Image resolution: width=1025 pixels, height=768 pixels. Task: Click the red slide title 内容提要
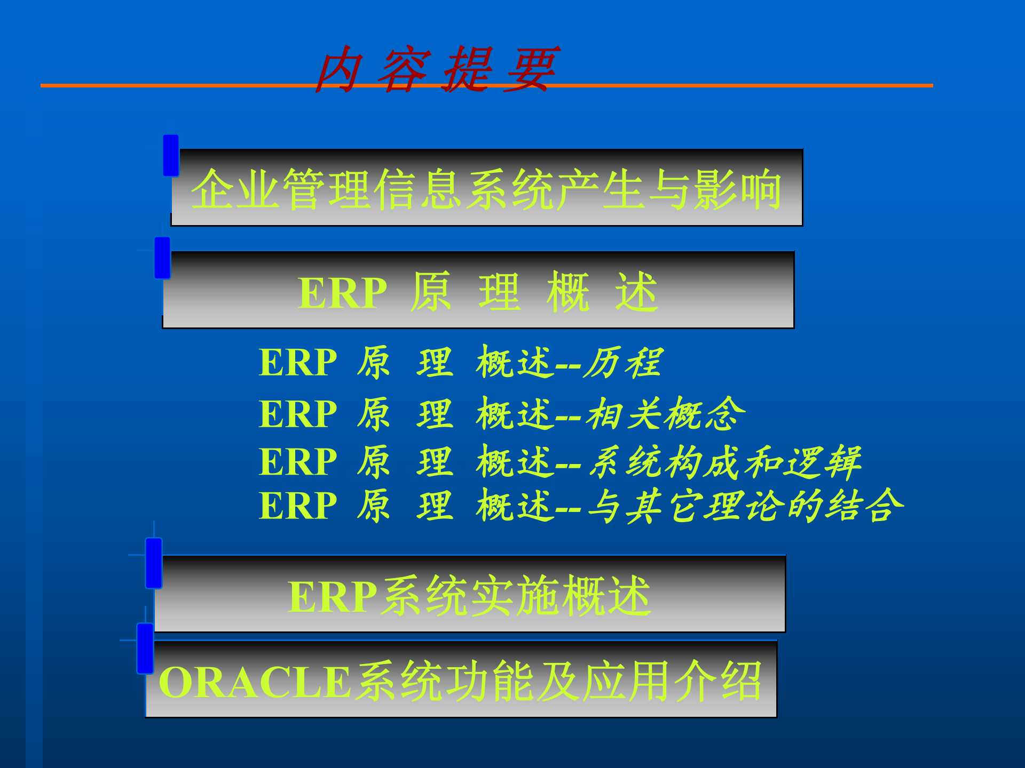(x=437, y=69)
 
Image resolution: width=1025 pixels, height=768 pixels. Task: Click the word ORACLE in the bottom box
(x=255, y=682)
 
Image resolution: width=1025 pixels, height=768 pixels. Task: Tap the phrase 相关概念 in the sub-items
(x=665, y=414)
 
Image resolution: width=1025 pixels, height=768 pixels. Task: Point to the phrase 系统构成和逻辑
(x=725, y=462)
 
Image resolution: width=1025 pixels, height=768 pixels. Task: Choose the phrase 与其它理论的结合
(x=745, y=506)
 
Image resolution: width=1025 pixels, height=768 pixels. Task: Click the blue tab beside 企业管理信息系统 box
(x=171, y=155)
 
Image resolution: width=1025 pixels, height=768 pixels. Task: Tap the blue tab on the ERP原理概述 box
(x=162, y=258)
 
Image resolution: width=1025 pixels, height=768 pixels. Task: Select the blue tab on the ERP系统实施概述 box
(x=154, y=563)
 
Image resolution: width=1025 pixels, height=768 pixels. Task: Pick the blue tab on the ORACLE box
(x=145, y=648)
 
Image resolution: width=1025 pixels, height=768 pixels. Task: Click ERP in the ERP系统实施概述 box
(x=332, y=597)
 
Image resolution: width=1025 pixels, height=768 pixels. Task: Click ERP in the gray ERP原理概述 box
(x=342, y=293)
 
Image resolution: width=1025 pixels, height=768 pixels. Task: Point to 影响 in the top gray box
(x=737, y=189)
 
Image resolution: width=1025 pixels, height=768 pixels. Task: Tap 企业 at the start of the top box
(x=236, y=189)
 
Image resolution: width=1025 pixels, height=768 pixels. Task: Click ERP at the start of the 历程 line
(x=297, y=363)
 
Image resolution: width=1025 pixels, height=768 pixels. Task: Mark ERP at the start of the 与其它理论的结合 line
(x=297, y=506)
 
